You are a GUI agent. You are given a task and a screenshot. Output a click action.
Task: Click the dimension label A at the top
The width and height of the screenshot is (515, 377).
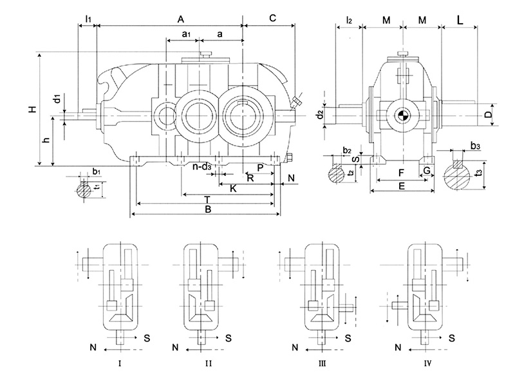[x=181, y=19]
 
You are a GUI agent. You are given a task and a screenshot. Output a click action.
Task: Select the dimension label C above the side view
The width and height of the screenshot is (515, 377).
[x=272, y=18]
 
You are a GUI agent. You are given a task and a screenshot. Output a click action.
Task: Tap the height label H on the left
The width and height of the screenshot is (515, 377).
[x=32, y=109]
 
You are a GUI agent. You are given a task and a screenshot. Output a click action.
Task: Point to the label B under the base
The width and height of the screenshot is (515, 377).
[x=207, y=209]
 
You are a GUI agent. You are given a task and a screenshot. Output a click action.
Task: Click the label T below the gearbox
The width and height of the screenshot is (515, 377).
[x=207, y=200]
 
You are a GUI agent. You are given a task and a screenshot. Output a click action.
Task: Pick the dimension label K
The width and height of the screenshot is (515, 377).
[x=233, y=188]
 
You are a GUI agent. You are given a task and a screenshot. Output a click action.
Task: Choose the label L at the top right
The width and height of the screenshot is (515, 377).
[x=460, y=20]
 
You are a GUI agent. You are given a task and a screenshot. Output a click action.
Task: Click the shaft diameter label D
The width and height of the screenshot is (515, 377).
[x=489, y=115]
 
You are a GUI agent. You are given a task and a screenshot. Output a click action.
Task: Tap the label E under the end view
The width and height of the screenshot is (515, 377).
[x=401, y=186]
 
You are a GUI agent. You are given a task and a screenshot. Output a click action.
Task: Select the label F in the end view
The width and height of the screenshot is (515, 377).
[x=401, y=173]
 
